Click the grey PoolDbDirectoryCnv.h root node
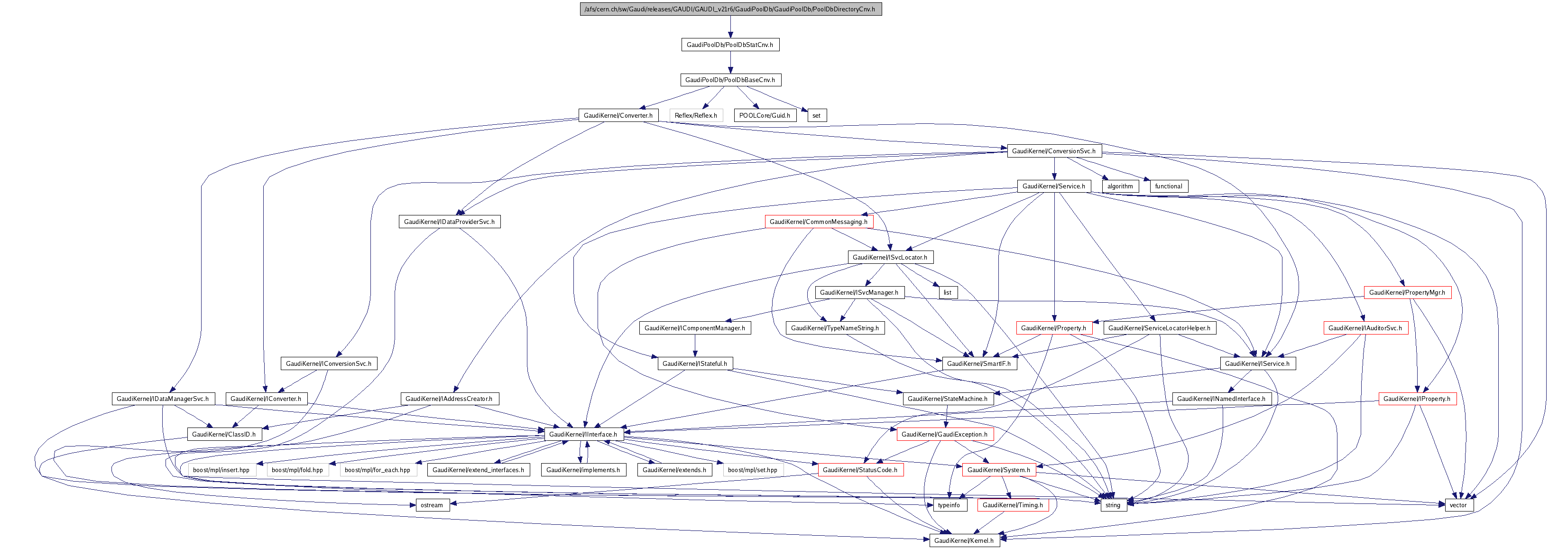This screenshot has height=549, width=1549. [x=730, y=9]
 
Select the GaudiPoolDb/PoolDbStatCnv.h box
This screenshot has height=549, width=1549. [x=730, y=45]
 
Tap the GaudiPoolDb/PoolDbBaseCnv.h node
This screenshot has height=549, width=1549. [x=730, y=80]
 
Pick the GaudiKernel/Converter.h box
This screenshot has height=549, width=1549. [x=618, y=115]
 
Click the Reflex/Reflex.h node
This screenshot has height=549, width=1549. [x=696, y=115]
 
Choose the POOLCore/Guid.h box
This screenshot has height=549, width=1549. [x=764, y=115]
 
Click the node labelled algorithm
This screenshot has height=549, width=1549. [x=1120, y=186]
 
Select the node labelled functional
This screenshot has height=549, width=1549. [x=1168, y=186]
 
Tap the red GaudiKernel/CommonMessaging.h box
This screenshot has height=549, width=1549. [x=819, y=222]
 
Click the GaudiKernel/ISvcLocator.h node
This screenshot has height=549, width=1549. [x=890, y=257]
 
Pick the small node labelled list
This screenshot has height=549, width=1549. [x=948, y=293]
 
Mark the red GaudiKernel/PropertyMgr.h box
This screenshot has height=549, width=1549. [x=1407, y=293]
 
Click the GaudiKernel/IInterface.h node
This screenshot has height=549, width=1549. [x=583, y=434]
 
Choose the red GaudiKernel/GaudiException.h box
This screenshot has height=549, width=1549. [x=944, y=434]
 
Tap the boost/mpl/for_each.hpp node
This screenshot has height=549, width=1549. [x=378, y=470]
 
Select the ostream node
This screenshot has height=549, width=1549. [x=432, y=505]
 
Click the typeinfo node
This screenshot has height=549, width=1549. [x=949, y=505]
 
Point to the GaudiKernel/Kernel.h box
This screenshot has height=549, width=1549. [x=964, y=540]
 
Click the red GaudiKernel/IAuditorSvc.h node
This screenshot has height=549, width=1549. [x=1365, y=328]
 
